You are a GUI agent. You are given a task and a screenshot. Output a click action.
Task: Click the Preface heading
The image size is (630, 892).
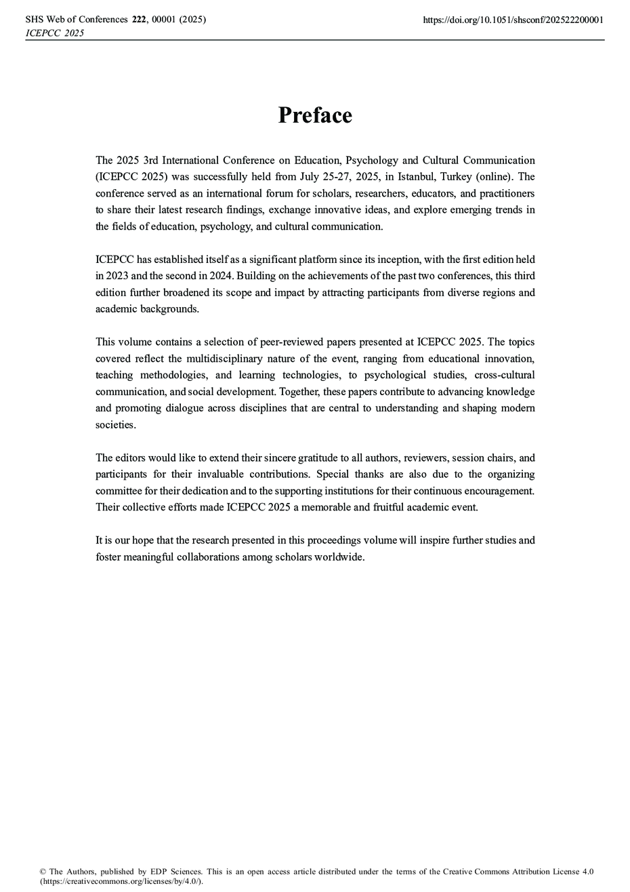(x=315, y=115)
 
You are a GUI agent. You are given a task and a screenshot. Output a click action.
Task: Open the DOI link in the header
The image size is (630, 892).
(x=513, y=20)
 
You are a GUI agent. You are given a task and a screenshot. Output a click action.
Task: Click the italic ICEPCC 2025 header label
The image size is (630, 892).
(x=55, y=33)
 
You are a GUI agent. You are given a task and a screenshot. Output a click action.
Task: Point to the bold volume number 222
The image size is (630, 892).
(x=140, y=20)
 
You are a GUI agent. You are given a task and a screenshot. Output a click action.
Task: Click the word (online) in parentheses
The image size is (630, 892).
(x=497, y=177)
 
